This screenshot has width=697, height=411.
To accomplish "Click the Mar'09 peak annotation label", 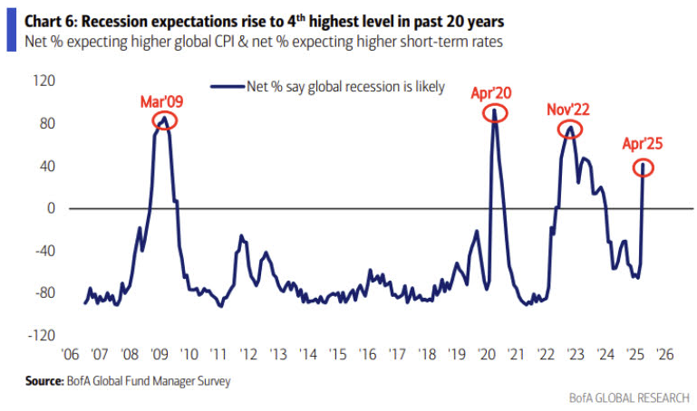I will [160, 101].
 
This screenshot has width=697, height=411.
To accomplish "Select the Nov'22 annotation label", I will [568, 110].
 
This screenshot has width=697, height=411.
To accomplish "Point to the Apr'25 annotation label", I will [644, 143].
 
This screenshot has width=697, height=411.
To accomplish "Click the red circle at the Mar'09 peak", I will [164, 120].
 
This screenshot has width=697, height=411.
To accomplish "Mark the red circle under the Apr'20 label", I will [495, 112].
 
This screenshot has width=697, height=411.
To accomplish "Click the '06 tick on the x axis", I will [69, 355].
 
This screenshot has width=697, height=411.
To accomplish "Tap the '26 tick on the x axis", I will [663, 355].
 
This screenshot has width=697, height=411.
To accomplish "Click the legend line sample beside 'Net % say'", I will [227, 87].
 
